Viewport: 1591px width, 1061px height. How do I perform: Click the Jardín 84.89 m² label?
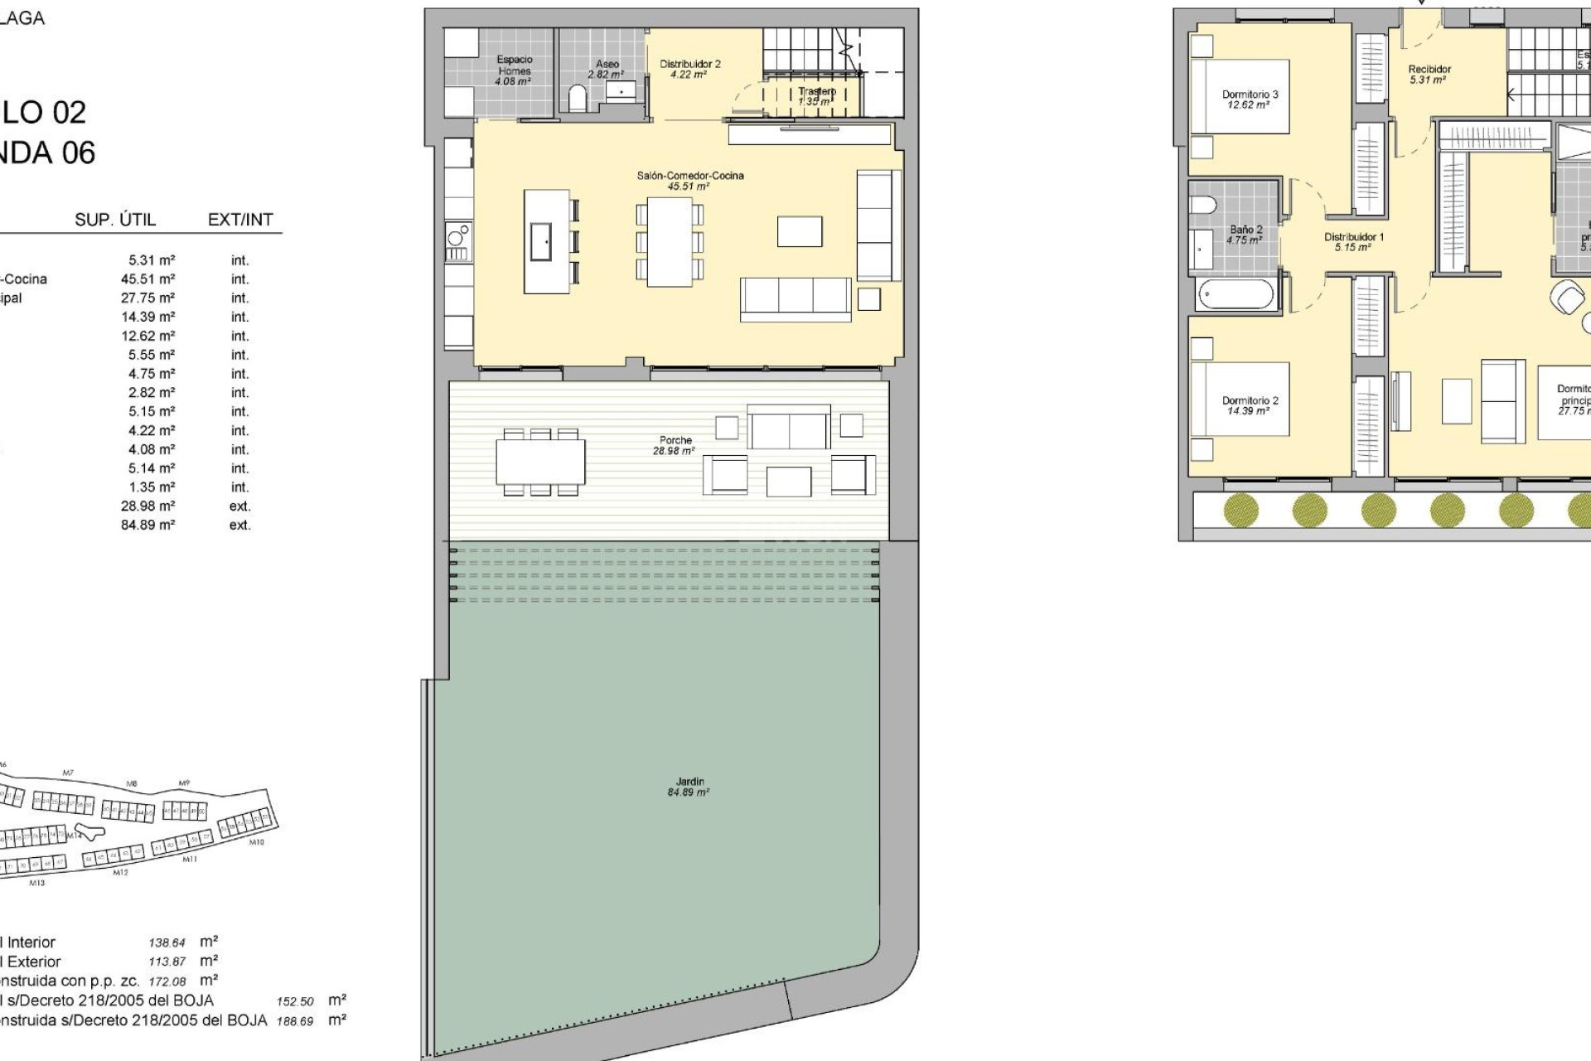point(689,787)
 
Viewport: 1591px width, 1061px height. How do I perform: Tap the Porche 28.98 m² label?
point(675,445)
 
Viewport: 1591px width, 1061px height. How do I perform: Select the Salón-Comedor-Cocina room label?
point(689,180)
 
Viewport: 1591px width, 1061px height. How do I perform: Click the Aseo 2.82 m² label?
point(607,69)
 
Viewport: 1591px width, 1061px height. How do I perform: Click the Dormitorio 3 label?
point(1250,99)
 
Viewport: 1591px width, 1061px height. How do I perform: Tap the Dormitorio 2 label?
point(1250,405)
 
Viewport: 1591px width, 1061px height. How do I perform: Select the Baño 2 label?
point(1245,235)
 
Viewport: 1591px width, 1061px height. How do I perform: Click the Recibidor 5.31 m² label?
point(1429,75)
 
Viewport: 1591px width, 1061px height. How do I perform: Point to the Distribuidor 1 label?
point(1353,241)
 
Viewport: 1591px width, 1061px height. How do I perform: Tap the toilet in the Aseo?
point(578,99)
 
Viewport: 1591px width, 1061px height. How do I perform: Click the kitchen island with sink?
point(547,241)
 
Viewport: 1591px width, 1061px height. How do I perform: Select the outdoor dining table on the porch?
point(540,463)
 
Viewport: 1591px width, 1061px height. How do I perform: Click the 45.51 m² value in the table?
point(147,279)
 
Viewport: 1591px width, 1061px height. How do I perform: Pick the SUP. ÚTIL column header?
point(115,220)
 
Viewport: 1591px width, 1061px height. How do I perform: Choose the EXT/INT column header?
point(240,220)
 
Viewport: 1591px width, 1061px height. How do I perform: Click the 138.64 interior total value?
point(167,942)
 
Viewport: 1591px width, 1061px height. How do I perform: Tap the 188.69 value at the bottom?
point(295,1021)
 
